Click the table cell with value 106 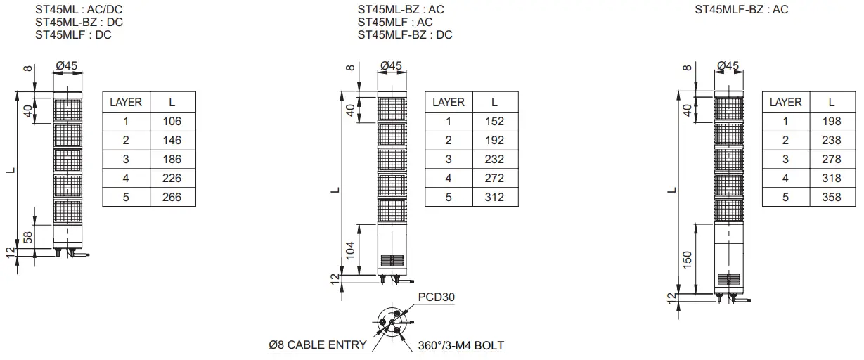(x=172, y=121)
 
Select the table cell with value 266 (x=172, y=197)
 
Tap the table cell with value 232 (x=494, y=159)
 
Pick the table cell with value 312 (x=494, y=197)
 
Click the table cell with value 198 (x=831, y=121)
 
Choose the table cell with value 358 (x=831, y=197)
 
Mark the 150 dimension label (x=688, y=259)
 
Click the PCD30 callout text (x=436, y=297)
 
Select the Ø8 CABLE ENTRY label (x=318, y=345)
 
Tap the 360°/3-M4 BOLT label (x=460, y=345)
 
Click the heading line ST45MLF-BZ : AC (x=742, y=10)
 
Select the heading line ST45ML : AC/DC (x=79, y=10)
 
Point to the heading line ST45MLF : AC (x=395, y=22)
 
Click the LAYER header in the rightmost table (x=785, y=102)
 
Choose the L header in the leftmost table (x=172, y=102)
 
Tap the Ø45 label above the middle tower (x=391, y=65)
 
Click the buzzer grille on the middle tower (x=392, y=259)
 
